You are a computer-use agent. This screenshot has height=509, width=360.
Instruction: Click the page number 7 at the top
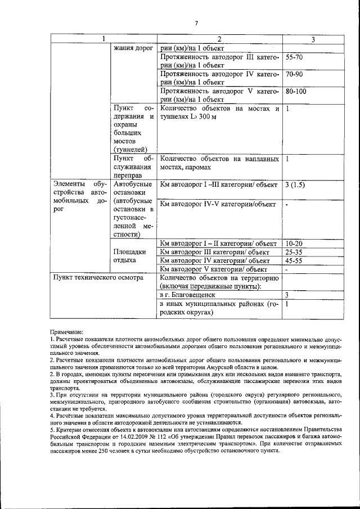point(197,22)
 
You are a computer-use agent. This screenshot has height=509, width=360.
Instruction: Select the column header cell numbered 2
point(219,39)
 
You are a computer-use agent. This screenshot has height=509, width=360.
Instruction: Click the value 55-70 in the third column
point(294,57)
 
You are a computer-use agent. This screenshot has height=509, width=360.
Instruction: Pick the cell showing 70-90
point(294,74)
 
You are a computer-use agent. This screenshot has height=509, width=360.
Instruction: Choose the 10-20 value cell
point(294,244)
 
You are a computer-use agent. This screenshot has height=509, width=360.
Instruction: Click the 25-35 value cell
point(294,252)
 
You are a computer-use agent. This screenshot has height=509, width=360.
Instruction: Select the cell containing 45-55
point(294,260)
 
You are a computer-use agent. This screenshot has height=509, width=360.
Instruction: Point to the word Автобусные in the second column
point(133,184)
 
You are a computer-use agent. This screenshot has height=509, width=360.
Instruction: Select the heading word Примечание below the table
point(66,333)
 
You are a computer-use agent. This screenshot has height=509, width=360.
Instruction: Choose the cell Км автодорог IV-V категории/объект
point(218,204)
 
